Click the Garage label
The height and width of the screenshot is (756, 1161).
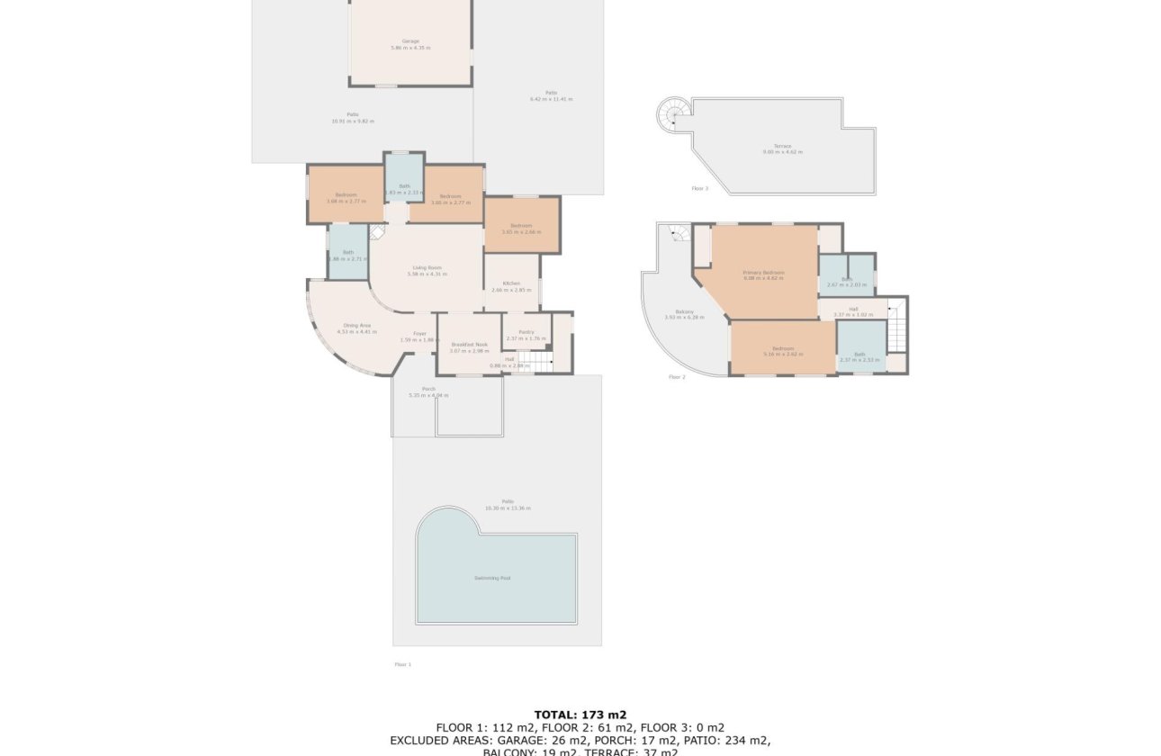click(410, 41)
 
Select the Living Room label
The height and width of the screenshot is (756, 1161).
click(427, 267)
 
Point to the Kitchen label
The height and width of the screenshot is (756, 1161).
click(512, 283)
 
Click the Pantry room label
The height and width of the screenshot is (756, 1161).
click(526, 332)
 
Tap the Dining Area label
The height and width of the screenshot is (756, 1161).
click(357, 325)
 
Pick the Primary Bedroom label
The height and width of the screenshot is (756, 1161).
click(763, 272)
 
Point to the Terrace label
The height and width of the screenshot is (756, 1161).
click(782, 146)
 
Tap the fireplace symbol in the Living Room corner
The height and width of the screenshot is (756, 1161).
click(378, 232)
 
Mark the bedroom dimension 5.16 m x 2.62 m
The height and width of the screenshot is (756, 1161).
click(782, 354)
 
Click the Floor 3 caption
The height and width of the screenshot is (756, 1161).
click(700, 189)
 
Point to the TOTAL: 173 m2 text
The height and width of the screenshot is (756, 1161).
click(580, 715)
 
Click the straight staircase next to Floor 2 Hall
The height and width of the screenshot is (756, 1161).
click(897, 329)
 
